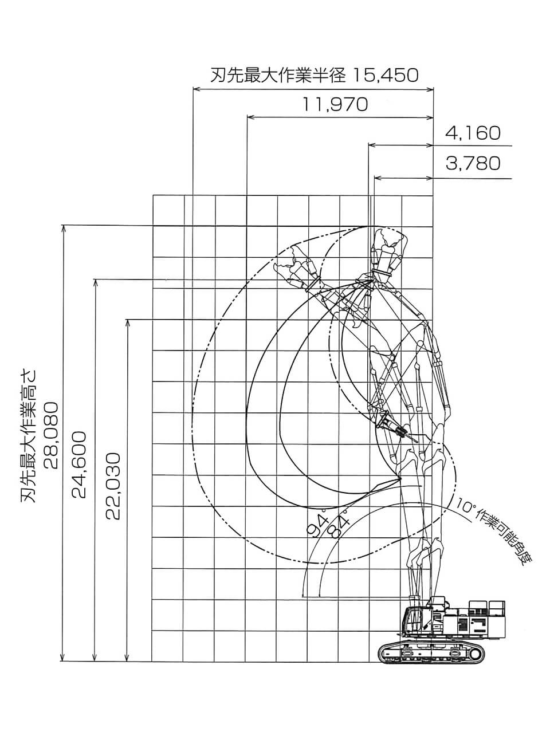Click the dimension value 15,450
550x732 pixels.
click(385, 75)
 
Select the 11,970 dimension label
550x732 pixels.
click(335, 104)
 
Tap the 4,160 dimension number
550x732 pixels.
click(473, 133)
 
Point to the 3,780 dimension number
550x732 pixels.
click(473, 163)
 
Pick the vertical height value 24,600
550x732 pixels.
click(80, 464)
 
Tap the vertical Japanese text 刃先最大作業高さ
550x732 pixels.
click(29, 435)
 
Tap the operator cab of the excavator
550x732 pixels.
click(414, 621)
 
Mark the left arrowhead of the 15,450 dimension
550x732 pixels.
click(195, 89)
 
